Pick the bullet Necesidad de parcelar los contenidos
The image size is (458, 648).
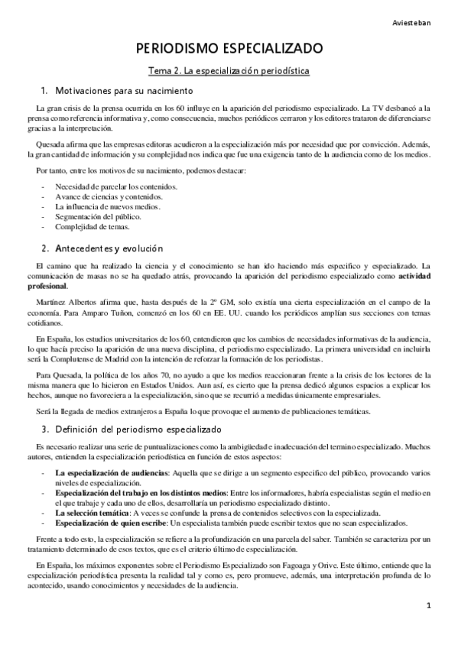(116, 186)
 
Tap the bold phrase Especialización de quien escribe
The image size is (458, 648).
(112, 523)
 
